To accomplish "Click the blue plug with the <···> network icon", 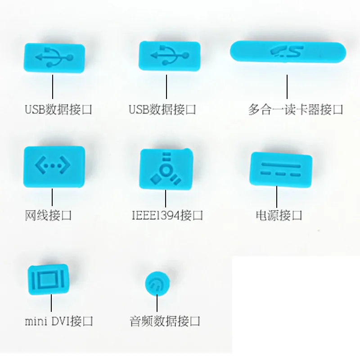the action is (54, 166).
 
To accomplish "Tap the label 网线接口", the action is (48, 215).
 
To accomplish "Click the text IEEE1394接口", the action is (167, 215).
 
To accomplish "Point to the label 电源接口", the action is (279, 215).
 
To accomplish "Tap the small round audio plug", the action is (157, 282).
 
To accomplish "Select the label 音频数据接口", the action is (164, 321).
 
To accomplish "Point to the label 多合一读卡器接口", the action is (296, 109).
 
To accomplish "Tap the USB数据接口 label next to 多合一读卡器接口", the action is (162, 109).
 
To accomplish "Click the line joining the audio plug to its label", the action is (157, 302).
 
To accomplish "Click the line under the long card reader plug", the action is (287, 87).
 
